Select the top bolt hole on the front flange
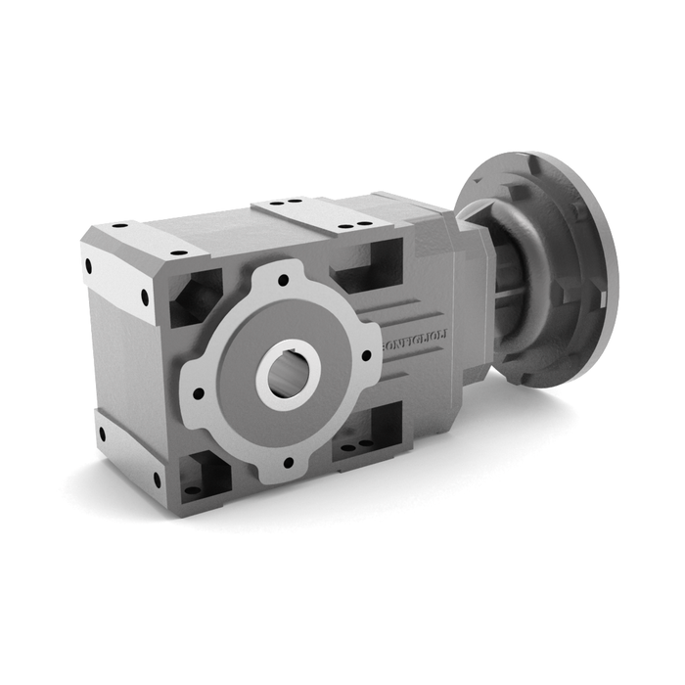pos(284,281)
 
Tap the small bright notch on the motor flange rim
pos(579,207)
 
